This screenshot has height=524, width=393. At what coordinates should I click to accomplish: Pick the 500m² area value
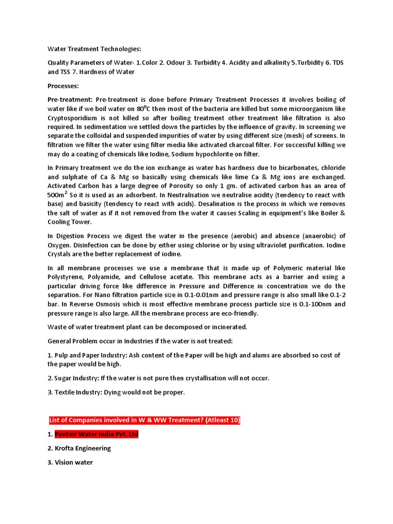[x=58, y=195]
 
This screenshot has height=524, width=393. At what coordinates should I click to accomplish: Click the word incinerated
[x=226, y=327]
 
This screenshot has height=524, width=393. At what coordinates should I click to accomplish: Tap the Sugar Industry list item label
[x=77, y=378]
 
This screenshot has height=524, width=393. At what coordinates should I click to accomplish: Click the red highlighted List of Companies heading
[x=144, y=420]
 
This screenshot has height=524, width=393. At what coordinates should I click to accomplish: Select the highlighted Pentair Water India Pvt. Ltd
[x=96, y=434]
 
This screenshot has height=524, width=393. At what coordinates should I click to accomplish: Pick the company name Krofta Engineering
[x=83, y=448]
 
